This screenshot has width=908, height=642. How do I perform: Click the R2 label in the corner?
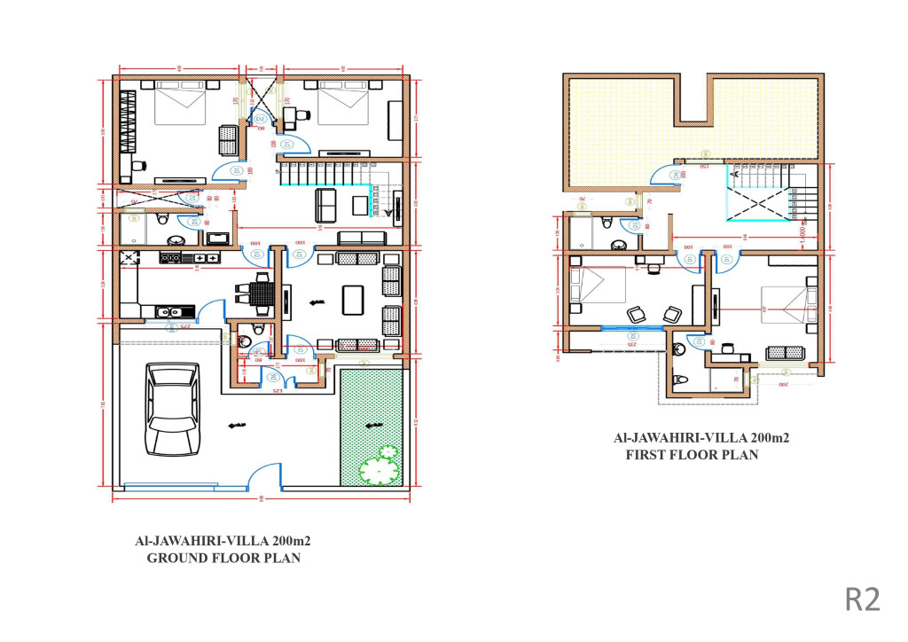[862, 599]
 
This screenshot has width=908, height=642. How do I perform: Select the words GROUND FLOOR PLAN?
[223, 558]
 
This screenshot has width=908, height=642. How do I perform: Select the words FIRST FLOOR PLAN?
[693, 454]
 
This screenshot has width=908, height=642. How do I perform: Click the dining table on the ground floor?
[261, 294]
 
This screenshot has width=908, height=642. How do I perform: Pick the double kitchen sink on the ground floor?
[174, 311]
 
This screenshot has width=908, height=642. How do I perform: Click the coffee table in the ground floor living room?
[354, 299]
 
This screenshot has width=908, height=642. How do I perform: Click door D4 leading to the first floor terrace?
[676, 176]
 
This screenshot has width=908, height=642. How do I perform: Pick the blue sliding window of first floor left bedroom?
[632, 329]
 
